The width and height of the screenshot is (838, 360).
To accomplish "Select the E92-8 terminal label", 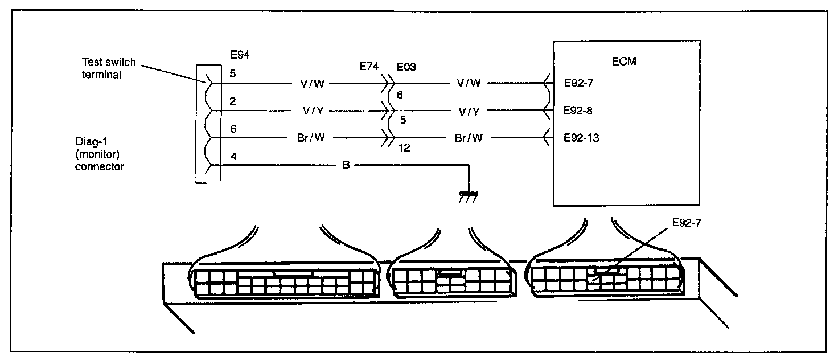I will pyautogui.click(x=578, y=111).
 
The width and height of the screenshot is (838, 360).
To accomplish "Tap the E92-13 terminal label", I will pyautogui.click(x=580, y=138).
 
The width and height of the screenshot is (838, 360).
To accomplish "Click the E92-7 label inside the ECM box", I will pyautogui.click(x=578, y=83).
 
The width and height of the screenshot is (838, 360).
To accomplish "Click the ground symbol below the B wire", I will pyautogui.click(x=468, y=195).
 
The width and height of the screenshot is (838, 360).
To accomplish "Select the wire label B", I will pyautogui.click(x=346, y=166).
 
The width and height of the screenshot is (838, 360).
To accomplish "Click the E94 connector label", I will pyautogui.click(x=240, y=55).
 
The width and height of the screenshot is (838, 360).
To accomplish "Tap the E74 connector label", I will pyautogui.click(x=369, y=67).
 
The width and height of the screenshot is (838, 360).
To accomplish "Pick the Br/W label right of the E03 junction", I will pyautogui.click(x=469, y=138).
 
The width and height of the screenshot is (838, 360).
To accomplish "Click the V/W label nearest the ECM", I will pyautogui.click(x=469, y=83).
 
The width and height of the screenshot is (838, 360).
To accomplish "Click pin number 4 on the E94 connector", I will pyautogui.click(x=232, y=155).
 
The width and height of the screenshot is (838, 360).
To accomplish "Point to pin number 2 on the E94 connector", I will pyautogui.click(x=232, y=101).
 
